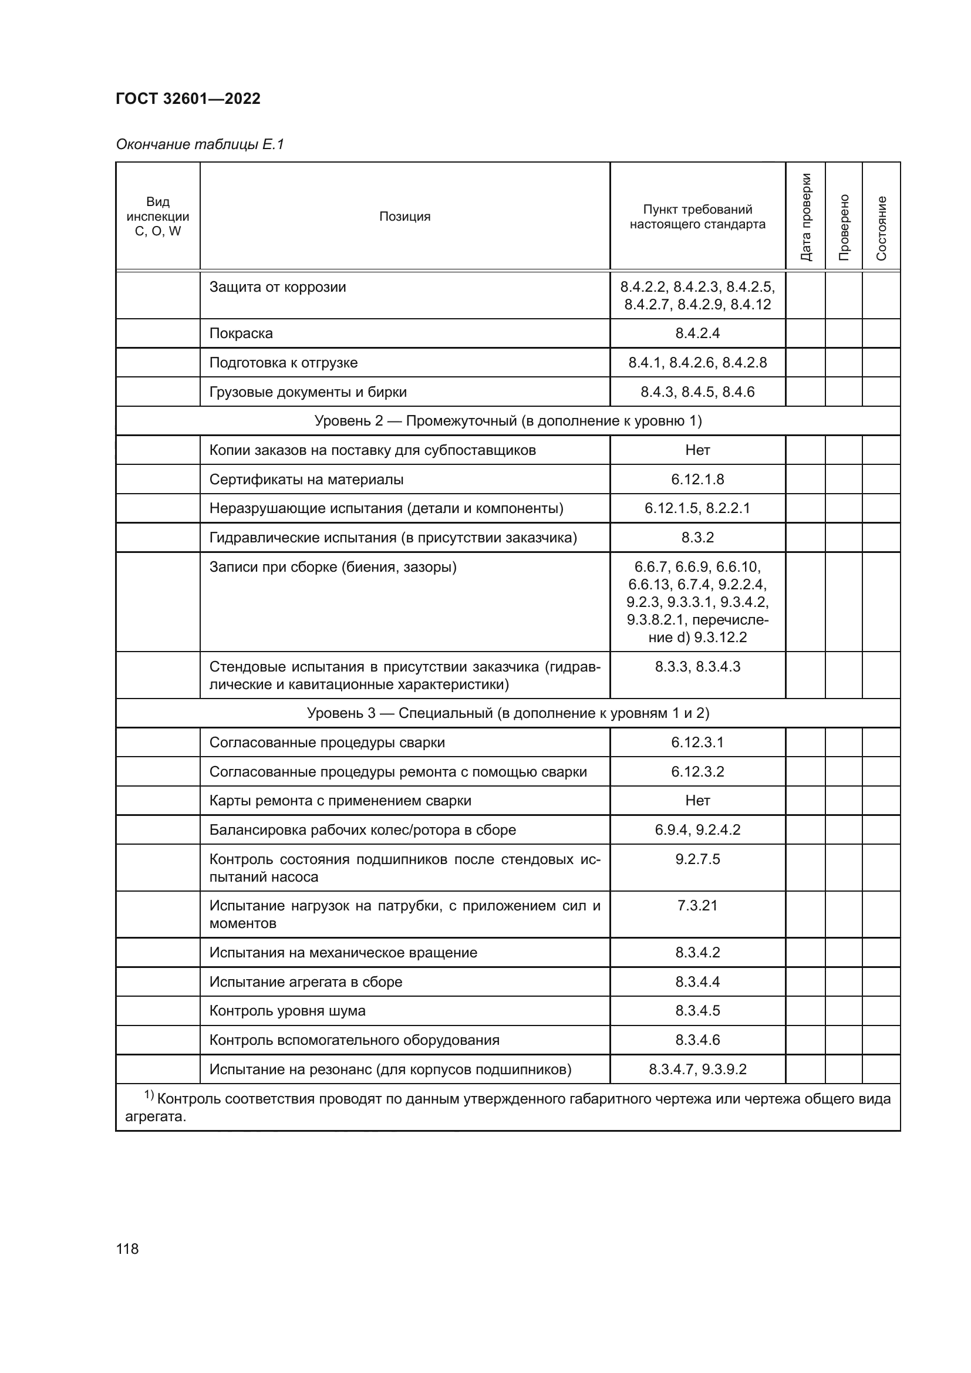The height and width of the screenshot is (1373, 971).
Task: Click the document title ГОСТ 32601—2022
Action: pos(188,99)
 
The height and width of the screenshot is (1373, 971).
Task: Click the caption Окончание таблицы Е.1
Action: pos(200,144)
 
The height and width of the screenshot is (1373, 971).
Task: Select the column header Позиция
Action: pos(405,217)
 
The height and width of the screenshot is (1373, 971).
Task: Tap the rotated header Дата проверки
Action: pos(805,217)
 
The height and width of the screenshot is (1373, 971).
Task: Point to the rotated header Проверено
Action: pos(844,227)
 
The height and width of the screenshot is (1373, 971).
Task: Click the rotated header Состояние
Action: pos(881,228)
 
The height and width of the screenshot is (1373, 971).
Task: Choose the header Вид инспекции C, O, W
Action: pos(158,217)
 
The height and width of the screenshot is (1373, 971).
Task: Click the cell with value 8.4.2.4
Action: pos(697,333)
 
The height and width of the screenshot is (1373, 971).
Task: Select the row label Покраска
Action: pos(241,333)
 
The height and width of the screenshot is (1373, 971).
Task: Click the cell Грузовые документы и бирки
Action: pos(308,392)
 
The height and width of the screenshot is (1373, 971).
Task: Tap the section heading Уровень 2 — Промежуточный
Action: pos(508,421)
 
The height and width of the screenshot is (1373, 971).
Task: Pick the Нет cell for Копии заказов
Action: pos(697,450)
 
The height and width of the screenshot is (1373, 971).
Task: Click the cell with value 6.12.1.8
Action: pos(697,480)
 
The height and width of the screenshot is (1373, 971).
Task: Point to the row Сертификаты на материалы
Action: pos(306,480)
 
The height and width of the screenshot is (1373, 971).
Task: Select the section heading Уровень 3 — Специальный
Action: pos(508,713)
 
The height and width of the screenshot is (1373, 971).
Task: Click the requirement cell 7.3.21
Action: pos(697,905)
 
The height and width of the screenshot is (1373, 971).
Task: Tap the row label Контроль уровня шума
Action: pos(287,1011)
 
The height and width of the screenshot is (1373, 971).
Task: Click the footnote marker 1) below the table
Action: pos(149,1095)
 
